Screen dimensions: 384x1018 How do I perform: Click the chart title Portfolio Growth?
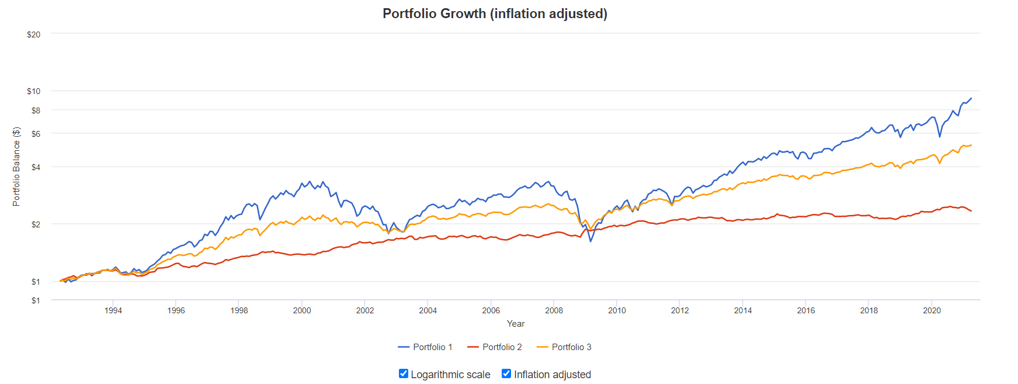495,13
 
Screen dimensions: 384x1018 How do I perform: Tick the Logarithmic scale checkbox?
404,373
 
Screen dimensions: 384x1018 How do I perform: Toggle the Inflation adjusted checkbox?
506,373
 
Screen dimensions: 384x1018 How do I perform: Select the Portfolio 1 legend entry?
425,347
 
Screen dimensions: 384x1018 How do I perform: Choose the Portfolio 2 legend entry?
495,347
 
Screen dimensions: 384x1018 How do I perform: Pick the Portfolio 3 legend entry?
564,347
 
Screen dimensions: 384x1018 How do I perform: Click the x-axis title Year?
516,324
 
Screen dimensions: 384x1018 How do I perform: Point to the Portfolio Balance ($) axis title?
16,167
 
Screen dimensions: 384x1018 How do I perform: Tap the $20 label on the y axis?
33,34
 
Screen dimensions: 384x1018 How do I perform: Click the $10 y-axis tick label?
33,91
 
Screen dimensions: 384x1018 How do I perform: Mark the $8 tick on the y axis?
36,110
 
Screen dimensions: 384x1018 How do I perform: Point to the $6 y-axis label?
36,134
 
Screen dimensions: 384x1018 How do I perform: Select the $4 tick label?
36,167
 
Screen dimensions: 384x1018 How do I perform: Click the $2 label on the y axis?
36,224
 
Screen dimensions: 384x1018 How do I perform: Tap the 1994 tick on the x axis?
113,310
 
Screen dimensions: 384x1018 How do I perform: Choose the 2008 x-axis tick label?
554,310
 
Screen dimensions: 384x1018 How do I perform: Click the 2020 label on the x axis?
932,310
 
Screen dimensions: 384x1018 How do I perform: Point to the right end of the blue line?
971,98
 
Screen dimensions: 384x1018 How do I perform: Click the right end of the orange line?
971,145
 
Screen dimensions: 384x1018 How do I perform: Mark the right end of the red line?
971,211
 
